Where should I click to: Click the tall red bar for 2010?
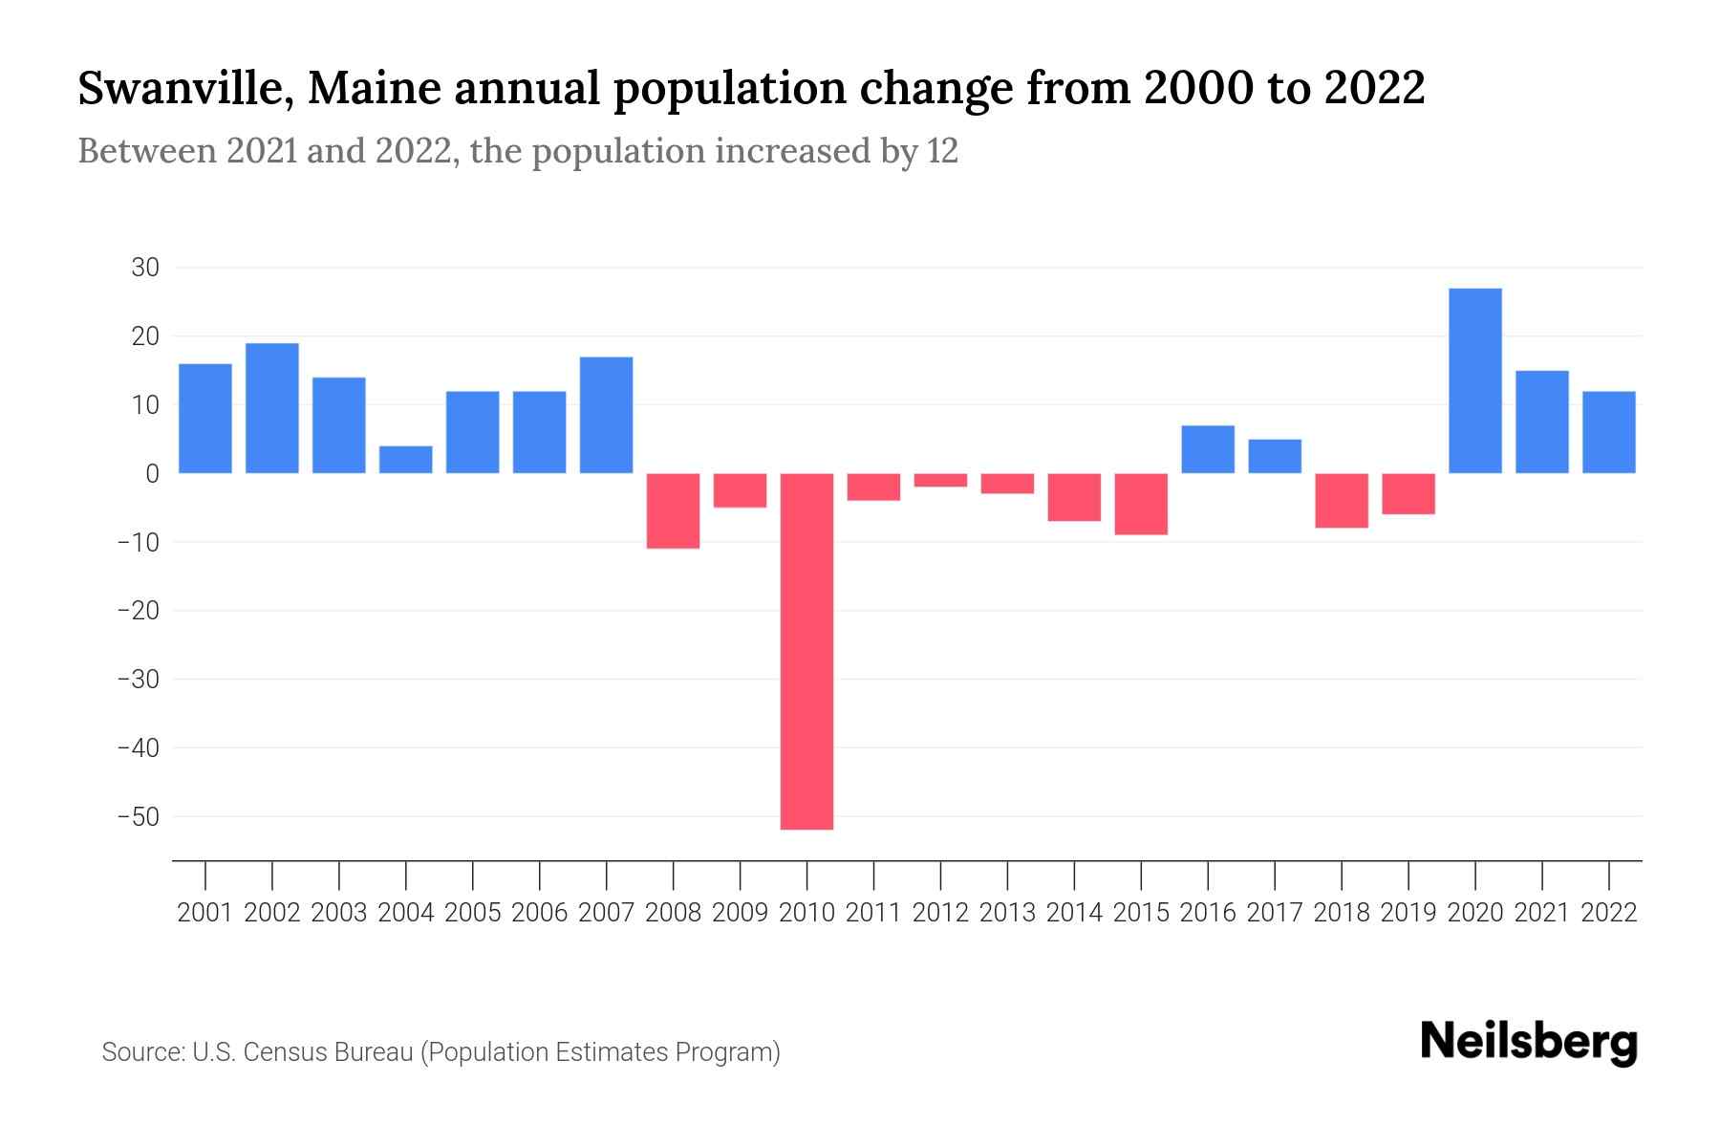[806, 650]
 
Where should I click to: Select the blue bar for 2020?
[1475, 380]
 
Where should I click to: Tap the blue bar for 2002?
[272, 408]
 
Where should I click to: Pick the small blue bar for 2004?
[406, 460]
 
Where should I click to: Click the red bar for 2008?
[674, 510]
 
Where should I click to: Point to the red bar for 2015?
[1141, 504]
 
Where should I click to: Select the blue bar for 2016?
[1208, 449]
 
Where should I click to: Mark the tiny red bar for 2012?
[940, 480]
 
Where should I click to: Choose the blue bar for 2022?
[1609, 432]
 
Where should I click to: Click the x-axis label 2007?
[607, 913]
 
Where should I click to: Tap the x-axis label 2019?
[1408, 913]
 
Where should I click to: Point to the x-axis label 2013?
[1007, 913]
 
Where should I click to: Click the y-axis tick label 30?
[145, 268]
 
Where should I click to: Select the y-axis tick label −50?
[138, 817]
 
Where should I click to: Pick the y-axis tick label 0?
[152, 474]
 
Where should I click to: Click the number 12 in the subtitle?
[941, 152]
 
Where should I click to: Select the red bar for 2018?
[1342, 500]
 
